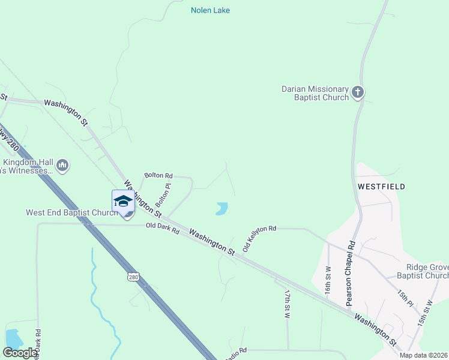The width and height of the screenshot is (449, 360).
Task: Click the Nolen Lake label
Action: [210, 10]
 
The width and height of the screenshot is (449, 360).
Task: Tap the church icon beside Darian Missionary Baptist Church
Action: [358, 92]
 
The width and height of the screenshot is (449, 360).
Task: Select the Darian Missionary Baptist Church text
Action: [315, 93]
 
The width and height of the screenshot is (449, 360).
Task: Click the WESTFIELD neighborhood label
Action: [381, 187]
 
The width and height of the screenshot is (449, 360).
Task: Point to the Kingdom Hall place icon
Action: [62, 165]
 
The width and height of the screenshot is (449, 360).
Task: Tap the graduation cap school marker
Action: [123, 201]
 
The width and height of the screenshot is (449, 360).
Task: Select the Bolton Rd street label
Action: [158, 175]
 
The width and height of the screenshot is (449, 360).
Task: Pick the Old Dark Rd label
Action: [163, 228]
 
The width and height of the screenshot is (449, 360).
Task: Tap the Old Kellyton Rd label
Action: [259, 238]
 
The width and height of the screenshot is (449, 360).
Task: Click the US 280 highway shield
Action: [133, 277]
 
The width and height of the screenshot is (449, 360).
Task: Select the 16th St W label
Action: [328, 280]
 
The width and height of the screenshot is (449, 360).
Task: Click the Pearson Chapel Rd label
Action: [351, 274]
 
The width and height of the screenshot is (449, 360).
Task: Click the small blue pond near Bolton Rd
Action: [221, 209]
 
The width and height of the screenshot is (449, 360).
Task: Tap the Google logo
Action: [20, 353]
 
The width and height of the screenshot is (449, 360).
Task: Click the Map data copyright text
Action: [423, 355]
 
